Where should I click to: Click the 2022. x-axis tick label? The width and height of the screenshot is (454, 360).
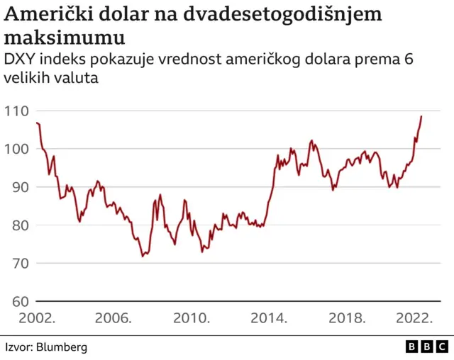(416, 318)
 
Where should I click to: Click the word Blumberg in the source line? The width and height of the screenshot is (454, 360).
(63, 347)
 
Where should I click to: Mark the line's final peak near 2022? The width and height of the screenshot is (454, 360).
(421, 116)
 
